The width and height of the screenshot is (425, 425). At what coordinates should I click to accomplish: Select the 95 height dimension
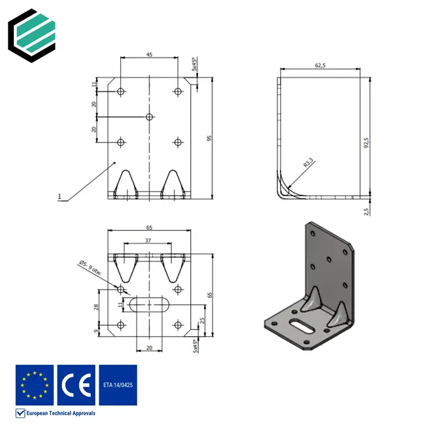tap(209, 138)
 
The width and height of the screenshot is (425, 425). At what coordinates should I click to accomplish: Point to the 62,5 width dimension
tap(320, 65)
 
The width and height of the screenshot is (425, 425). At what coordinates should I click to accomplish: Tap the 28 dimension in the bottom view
tap(96, 307)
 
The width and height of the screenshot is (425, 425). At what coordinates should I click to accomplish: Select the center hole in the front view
tap(149, 116)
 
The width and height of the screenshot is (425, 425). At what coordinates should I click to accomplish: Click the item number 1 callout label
tap(59, 195)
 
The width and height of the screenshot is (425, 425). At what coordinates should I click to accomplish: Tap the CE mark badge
tap(76, 385)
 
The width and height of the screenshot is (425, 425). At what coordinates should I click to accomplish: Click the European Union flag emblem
tap(34, 385)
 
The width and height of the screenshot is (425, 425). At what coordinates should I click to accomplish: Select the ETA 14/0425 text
tap(117, 385)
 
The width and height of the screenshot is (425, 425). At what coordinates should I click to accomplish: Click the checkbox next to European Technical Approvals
tap(20, 413)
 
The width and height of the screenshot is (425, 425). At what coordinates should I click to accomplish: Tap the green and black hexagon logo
tap(31, 32)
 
